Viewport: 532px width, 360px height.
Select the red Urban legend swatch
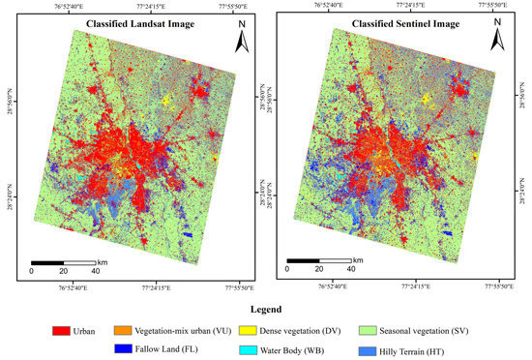point(70,329)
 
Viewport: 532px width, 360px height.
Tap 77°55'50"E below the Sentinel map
point(495,286)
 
